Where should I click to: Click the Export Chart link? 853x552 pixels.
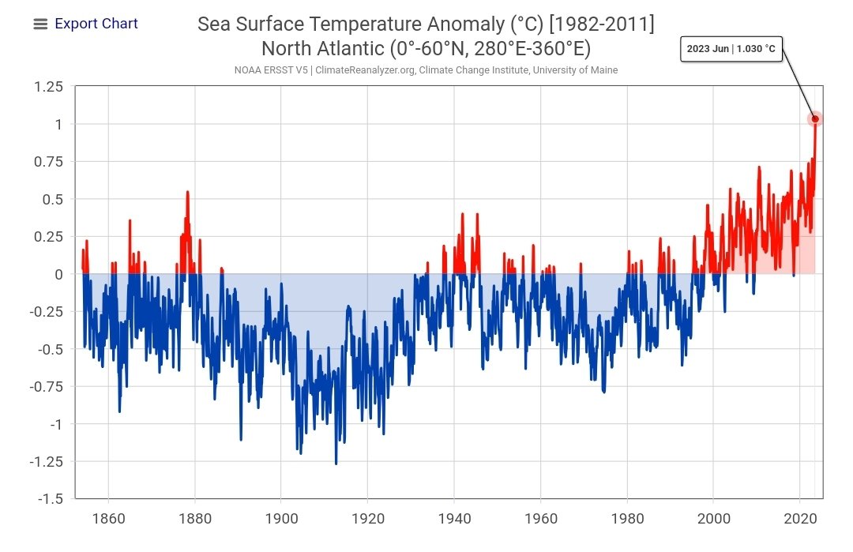point(96,24)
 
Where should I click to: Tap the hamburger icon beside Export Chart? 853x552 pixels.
point(40,24)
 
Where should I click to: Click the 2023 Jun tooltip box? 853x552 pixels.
point(731,49)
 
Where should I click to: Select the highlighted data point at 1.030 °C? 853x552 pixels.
point(815,119)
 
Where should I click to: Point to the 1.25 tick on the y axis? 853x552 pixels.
point(49,87)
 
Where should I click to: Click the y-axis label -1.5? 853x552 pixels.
point(52,499)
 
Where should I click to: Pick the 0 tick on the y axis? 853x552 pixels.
point(58,274)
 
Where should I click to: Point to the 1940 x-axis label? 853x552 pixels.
point(454,519)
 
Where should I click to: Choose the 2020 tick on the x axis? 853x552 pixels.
point(799,519)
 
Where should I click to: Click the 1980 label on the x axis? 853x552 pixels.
point(627,519)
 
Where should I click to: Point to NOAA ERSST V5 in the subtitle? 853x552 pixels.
point(271,70)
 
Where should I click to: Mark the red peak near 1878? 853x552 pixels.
point(187,192)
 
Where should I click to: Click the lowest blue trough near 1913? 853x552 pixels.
point(336,464)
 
